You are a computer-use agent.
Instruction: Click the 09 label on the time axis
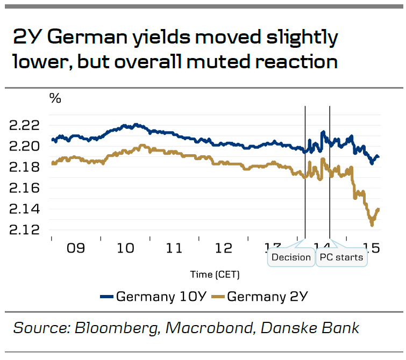coord(76,248)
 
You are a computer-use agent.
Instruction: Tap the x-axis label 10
coord(125,248)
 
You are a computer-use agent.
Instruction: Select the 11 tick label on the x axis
coord(175,248)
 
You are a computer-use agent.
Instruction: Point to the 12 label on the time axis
coord(224,248)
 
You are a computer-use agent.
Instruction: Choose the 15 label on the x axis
coord(372,248)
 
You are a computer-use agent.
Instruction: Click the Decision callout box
coord(291,257)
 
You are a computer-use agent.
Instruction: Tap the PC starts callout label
coord(341,257)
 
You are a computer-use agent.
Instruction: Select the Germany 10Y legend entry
coord(152,296)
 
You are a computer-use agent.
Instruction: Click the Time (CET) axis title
coord(215,275)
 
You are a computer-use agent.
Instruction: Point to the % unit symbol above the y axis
coord(55,98)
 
